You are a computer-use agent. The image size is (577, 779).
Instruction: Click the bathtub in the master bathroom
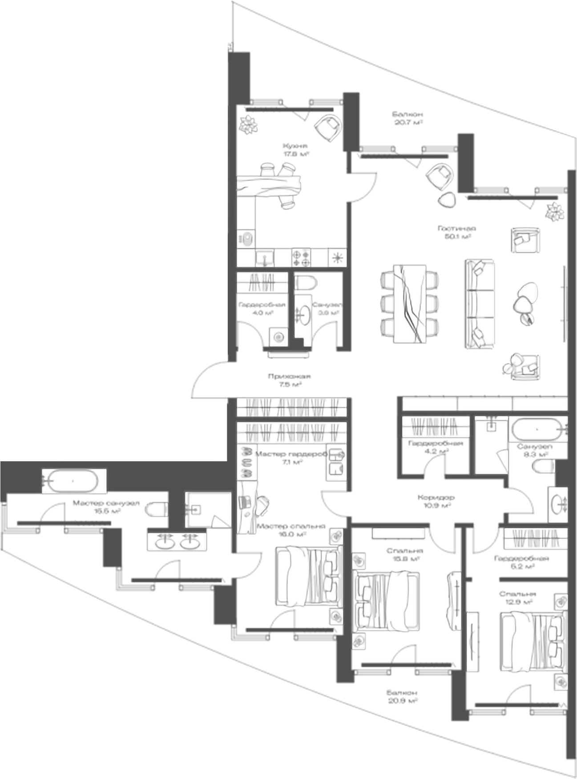click(73, 481)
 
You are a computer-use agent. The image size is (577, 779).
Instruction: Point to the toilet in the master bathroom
click(157, 509)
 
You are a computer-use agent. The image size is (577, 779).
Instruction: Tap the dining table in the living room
click(410, 303)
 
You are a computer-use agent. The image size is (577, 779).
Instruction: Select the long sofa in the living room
click(480, 304)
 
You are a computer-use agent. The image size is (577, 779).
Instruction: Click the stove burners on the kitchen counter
click(301, 258)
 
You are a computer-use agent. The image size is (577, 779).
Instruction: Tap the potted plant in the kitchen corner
click(247, 124)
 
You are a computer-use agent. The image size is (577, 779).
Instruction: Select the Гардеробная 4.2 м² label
click(436, 447)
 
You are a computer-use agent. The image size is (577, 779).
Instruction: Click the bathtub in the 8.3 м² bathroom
click(537, 430)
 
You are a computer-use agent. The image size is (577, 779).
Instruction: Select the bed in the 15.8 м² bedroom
click(386, 601)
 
